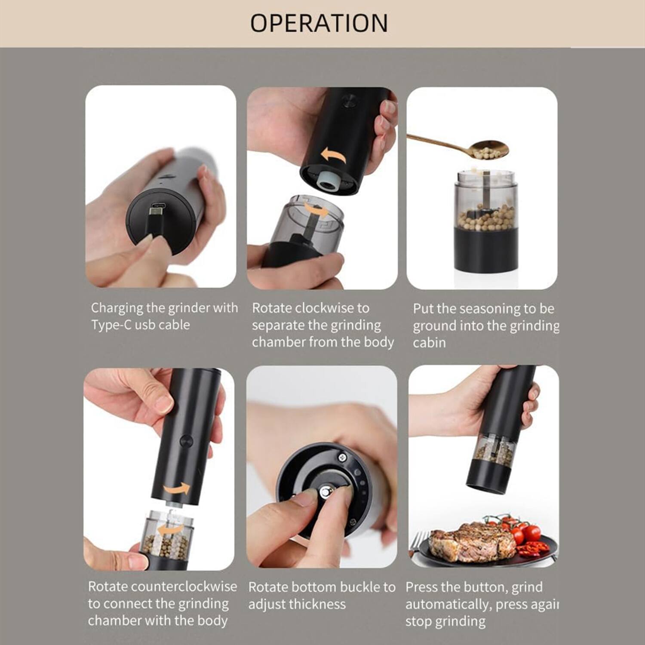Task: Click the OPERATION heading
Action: point(319,23)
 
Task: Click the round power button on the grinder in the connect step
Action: point(186,441)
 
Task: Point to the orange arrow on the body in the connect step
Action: point(177,489)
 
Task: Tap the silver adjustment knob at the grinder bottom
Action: point(326,493)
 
